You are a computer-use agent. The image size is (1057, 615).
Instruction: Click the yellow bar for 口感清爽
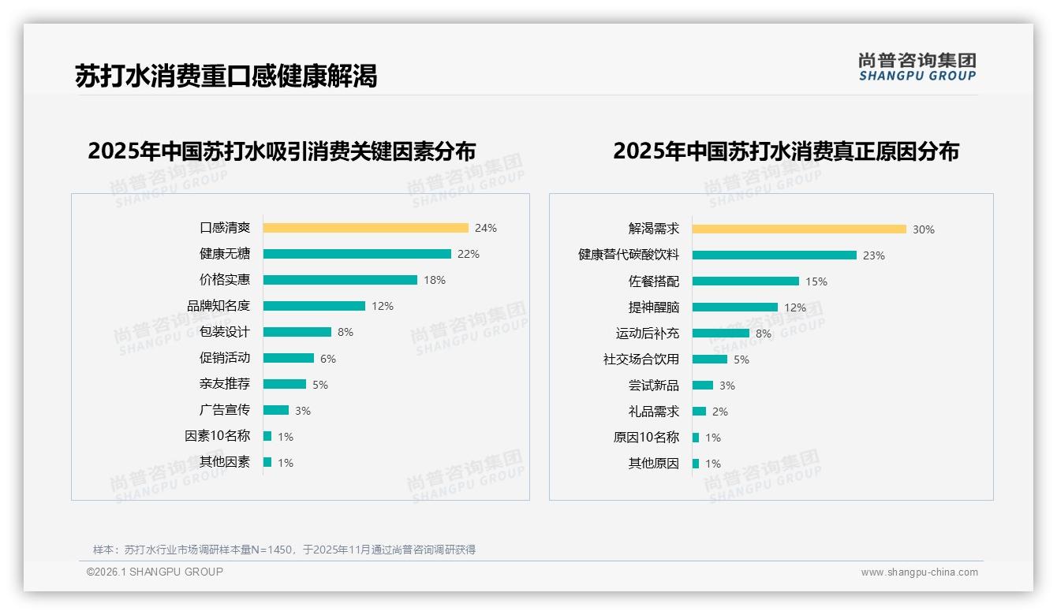[365, 228]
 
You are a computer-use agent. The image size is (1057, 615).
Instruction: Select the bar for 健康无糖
[357, 254]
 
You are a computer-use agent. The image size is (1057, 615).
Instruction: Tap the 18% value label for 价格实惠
[435, 280]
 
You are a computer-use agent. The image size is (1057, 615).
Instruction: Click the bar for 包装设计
[297, 332]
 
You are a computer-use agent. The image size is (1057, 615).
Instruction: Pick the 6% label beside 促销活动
[328, 359]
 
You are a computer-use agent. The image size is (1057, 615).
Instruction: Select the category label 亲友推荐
[225, 384]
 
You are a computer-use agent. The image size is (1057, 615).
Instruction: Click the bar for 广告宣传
[275, 410]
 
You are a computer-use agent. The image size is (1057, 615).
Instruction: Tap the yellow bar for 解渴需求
[799, 229]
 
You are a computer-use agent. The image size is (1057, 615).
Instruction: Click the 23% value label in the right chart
[874, 255]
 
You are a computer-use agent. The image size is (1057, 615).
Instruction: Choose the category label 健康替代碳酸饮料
[629, 255]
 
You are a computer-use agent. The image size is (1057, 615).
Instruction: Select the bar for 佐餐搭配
[745, 281]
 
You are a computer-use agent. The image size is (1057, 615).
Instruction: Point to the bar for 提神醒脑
[734, 307]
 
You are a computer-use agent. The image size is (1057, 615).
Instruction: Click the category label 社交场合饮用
[641, 360]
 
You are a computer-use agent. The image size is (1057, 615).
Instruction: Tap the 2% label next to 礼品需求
[719, 412]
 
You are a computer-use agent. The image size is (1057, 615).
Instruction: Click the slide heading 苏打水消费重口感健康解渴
[226, 76]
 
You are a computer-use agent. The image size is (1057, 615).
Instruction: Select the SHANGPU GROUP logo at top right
[917, 67]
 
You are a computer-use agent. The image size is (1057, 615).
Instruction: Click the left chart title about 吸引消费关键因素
[282, 151]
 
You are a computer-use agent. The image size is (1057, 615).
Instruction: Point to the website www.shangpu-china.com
[919, 572]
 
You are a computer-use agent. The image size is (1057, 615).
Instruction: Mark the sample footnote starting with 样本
[284, 550]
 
